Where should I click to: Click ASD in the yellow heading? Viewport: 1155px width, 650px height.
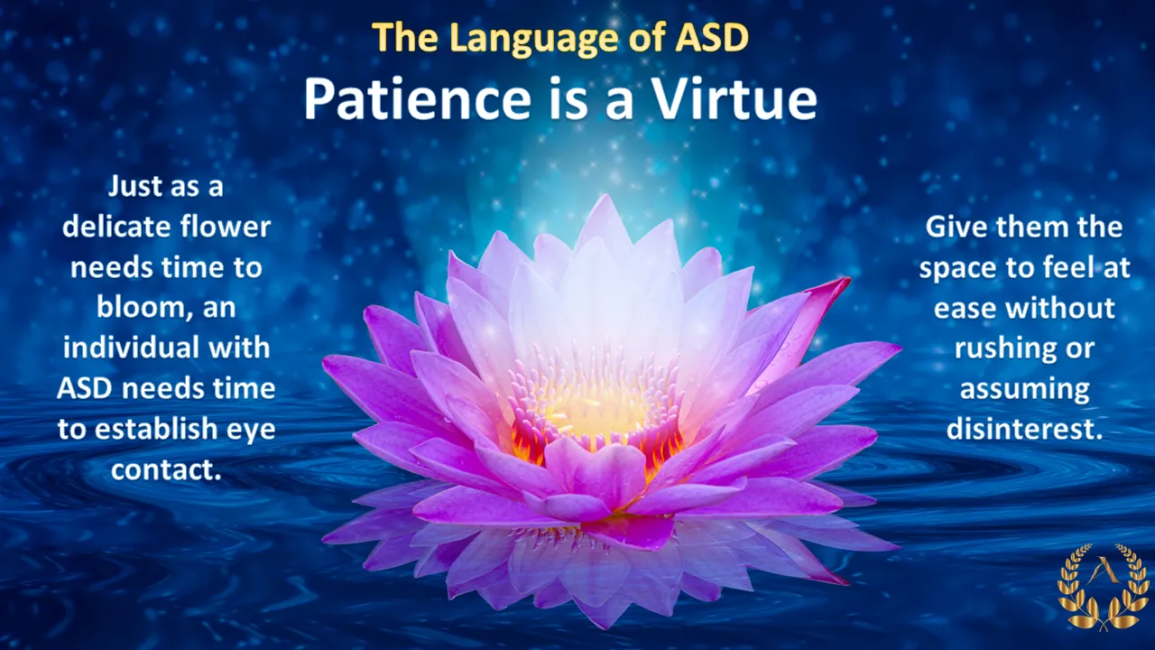pyautogui.click(x=711, y=37)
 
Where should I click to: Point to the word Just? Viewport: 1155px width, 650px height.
pyautogui.click(x=134, y=186)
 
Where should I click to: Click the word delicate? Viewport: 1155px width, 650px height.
pyautogui.click(x=116, y=227)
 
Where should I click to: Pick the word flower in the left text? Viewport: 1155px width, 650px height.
pyautogui.click(x=226, y=227)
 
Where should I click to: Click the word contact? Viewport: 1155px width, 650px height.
pyautogui.click(x=166, y=469)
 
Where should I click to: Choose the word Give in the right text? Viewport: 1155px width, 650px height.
pyautogui.click(x=956, y=227)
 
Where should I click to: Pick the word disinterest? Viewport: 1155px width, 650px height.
pyautogui.click(x=1024, y=429)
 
